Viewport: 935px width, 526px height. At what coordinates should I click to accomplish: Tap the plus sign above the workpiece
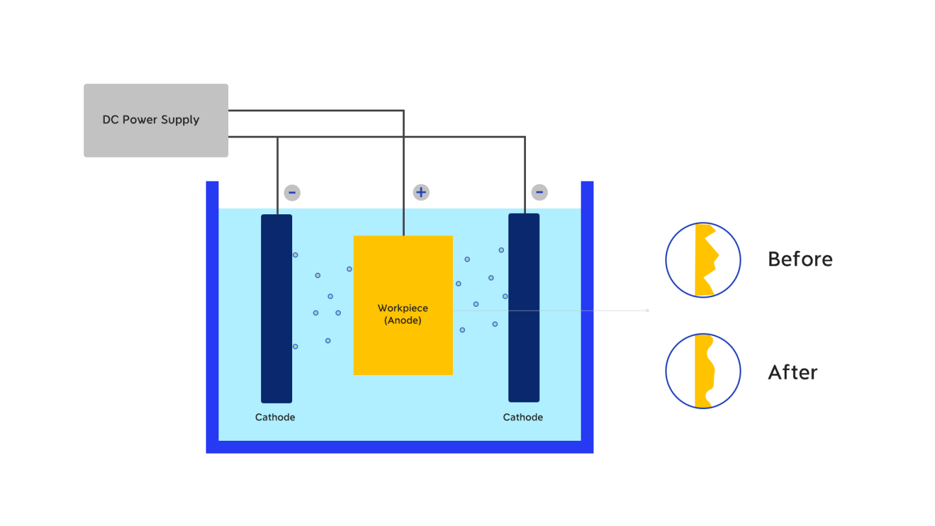click(x=421, y=192)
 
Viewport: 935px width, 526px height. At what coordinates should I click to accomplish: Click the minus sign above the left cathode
click(x=292, y=193)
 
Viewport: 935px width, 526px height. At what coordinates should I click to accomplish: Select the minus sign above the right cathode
click(x=539, y=192)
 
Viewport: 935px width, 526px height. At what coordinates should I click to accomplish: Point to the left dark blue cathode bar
click(x=276, y=308)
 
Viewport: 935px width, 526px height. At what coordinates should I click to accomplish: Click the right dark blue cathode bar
click(x=524, y=308)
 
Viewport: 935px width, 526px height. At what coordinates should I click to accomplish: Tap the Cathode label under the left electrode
click(x=275, y=417)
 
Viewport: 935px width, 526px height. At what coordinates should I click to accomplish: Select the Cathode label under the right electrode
click(x=523, y=417)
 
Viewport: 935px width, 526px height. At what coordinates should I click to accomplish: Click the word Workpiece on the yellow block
click(x=402, y=308)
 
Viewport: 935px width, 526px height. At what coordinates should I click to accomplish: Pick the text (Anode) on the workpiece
click(x=402, y=320)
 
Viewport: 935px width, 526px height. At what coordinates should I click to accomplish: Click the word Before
click(x=800, y=259)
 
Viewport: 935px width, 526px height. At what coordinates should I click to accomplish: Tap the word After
click(x=793, y=372)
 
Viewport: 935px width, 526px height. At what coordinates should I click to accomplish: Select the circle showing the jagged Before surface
click(x=703, y=260)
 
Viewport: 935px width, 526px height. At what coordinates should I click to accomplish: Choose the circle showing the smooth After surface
click(x=703, y=371)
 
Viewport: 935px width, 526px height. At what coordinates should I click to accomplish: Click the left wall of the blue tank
click(x=212, y=317)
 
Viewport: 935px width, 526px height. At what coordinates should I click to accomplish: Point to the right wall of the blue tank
click(x=587, y=317)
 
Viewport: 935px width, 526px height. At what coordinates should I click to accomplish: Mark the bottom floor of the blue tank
click(x=399, y=447)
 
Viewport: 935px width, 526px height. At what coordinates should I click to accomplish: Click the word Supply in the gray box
click(x=180, y=120)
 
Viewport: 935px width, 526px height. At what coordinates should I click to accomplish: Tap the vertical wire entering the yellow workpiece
click(x=404, y=183)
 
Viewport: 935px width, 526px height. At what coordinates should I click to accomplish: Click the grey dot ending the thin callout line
click(x=647, y=310)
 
